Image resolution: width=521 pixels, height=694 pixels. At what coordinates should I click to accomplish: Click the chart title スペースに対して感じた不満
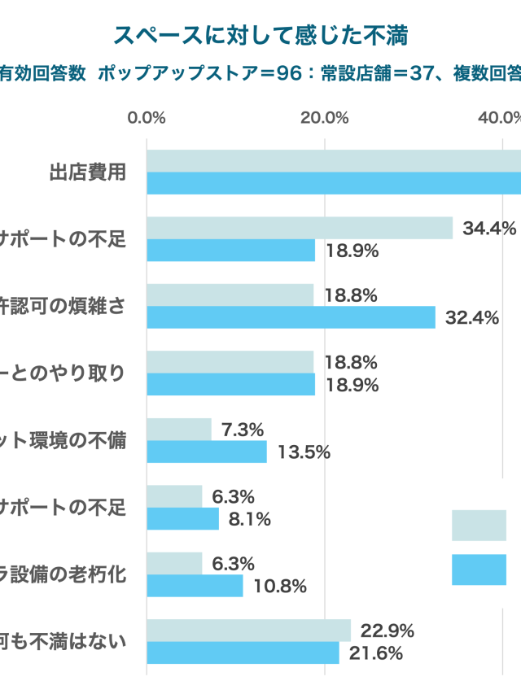point(260,35)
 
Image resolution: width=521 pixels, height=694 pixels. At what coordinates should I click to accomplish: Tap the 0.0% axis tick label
point(147,117)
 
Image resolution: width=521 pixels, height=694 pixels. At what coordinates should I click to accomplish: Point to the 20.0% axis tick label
point(325,117)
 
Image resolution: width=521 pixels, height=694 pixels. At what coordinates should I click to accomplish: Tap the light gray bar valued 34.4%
point(300,228)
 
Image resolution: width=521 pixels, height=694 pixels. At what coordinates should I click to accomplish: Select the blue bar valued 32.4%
point(291,317)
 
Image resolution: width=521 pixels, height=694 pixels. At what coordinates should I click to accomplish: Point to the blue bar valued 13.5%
point(207,452)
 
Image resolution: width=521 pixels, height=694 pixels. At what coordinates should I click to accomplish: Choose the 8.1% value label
point(249,519)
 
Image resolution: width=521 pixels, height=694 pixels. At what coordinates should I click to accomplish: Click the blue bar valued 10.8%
point(195,586)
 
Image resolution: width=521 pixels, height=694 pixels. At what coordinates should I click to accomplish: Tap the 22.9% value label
point(387,631)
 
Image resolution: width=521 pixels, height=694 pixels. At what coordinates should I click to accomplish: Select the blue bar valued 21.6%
point(243,653)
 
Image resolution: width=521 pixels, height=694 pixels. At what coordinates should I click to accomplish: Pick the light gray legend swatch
point(479,525)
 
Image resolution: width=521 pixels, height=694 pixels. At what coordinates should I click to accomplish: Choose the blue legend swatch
point(479,570)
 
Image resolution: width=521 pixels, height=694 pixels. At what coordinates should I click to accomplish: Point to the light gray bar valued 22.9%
point(248,631)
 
